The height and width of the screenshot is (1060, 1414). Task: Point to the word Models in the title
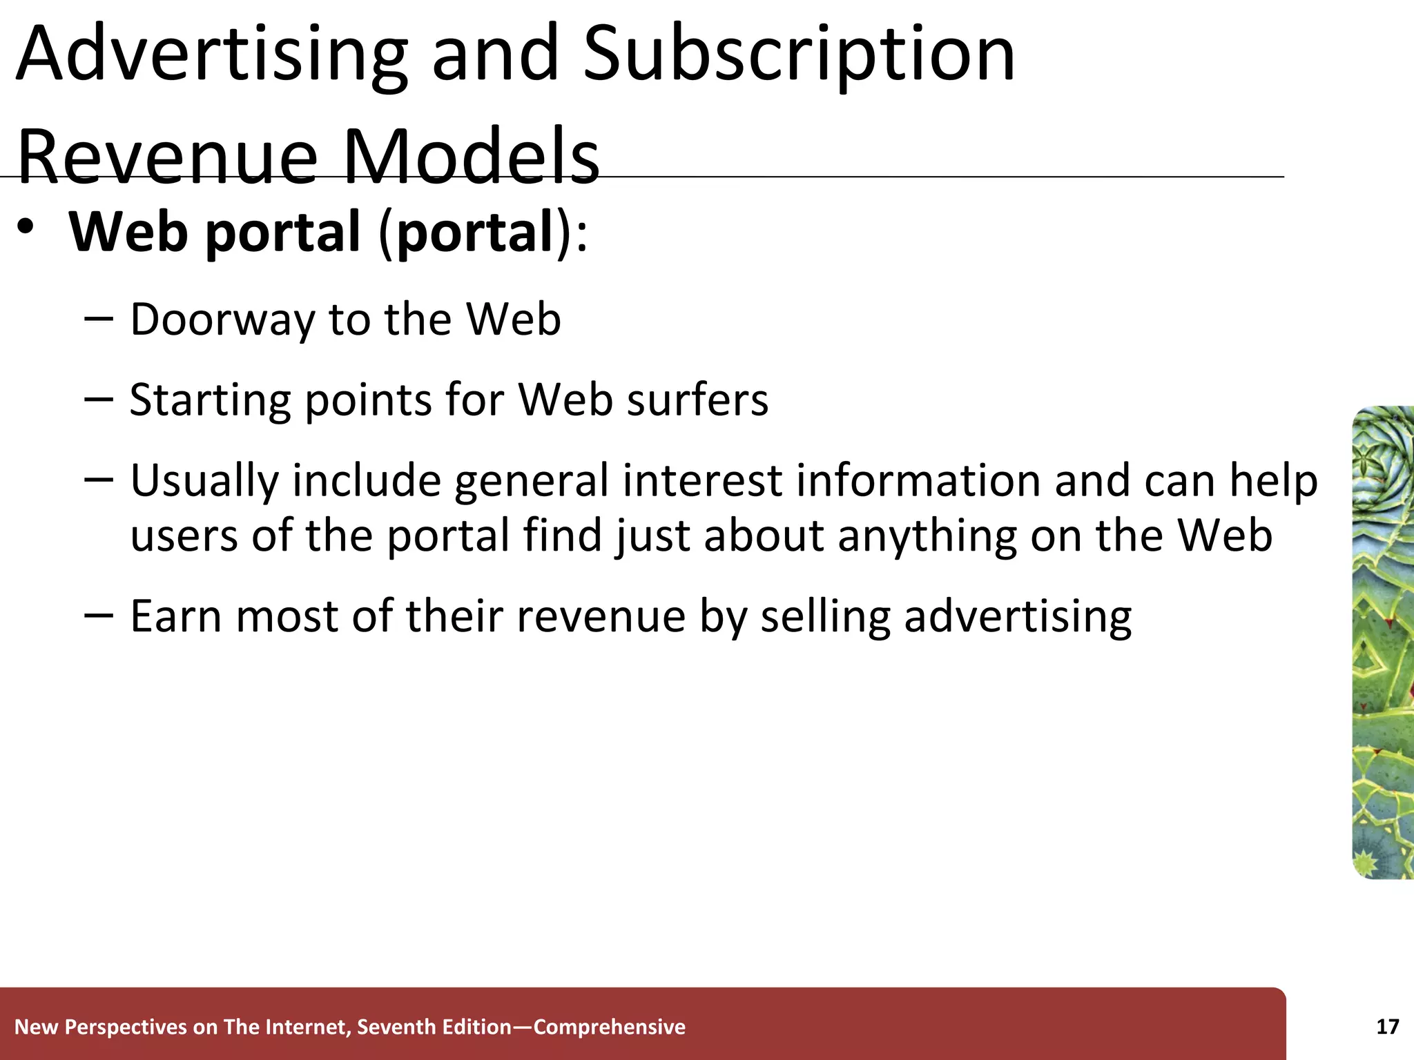coord(471,157)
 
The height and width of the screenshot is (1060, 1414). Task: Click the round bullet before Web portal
coord(26,227)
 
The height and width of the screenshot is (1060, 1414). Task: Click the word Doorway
coord(221,320)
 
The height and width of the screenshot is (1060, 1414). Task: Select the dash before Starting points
coord(98,398)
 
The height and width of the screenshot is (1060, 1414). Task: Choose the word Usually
coord(204,481)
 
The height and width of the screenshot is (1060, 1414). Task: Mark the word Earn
coord(175,616)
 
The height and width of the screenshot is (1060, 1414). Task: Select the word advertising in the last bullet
coord(1018,616)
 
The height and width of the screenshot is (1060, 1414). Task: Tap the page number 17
coord(1388,1027)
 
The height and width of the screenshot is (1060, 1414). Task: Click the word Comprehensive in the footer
coord(610,1027)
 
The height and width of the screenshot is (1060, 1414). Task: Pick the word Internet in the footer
coord(309,1027)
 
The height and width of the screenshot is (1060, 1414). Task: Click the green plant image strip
coord(1383,642)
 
